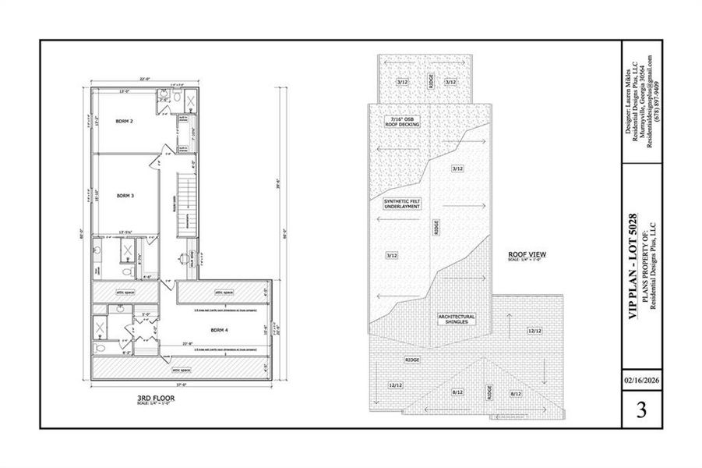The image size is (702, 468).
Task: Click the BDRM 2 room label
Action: (x=125, y=122)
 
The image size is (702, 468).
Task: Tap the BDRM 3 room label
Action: (x=125, y=196)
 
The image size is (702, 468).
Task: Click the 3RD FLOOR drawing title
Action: (x=154, y=399)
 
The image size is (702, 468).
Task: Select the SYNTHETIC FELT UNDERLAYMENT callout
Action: (x=401, y=204)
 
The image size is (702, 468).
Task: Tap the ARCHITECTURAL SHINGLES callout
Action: (x=457, y=319)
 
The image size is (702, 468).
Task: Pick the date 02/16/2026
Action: (x=641, y=381)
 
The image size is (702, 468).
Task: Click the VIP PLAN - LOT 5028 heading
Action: (x=633, y=266)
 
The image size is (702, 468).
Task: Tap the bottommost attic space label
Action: (x=181, y=369)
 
